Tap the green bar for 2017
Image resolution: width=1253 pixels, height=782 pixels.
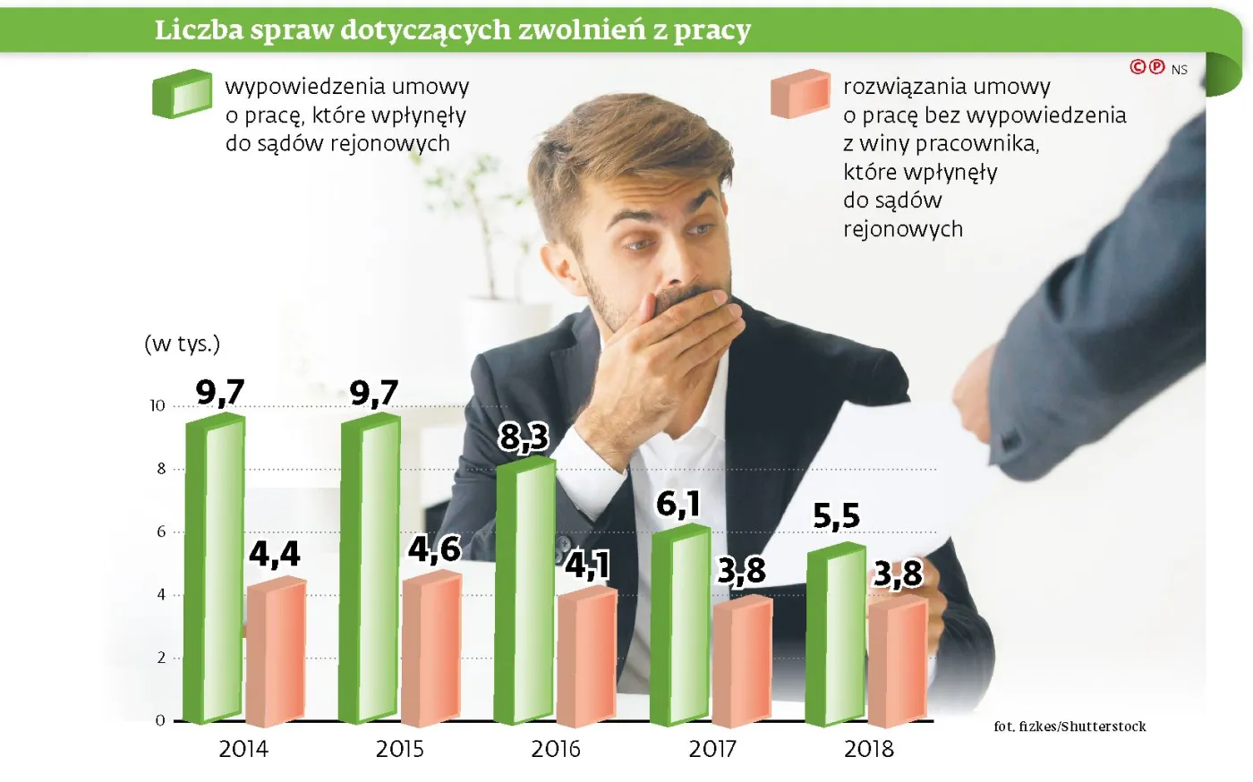pos(679,626)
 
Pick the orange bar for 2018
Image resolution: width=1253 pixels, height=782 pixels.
pos(897,662)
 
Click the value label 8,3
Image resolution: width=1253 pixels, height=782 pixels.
pos(524,437)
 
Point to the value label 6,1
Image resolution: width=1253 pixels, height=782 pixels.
pos(678,504)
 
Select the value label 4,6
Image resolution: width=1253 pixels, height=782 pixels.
pos(434,548)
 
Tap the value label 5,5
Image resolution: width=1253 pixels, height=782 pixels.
pos(836,515)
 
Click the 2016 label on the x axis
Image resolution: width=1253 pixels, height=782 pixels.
pos(555,749)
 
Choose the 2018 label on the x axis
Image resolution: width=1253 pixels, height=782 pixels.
pos(868,749)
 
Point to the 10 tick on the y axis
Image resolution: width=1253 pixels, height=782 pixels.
pos(158,406)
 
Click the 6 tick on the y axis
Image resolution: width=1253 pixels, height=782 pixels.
pos(161,531)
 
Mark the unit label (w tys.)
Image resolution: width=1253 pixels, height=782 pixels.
pos(182,344)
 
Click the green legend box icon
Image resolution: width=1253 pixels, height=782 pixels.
pos(182,94)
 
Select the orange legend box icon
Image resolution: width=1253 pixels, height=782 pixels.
pos(800,94)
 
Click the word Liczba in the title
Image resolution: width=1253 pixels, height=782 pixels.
pos(199,30)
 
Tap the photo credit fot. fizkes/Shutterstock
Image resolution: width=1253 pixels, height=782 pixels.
pos(1070,727)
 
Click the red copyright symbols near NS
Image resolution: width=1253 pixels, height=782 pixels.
pos(1147,67)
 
